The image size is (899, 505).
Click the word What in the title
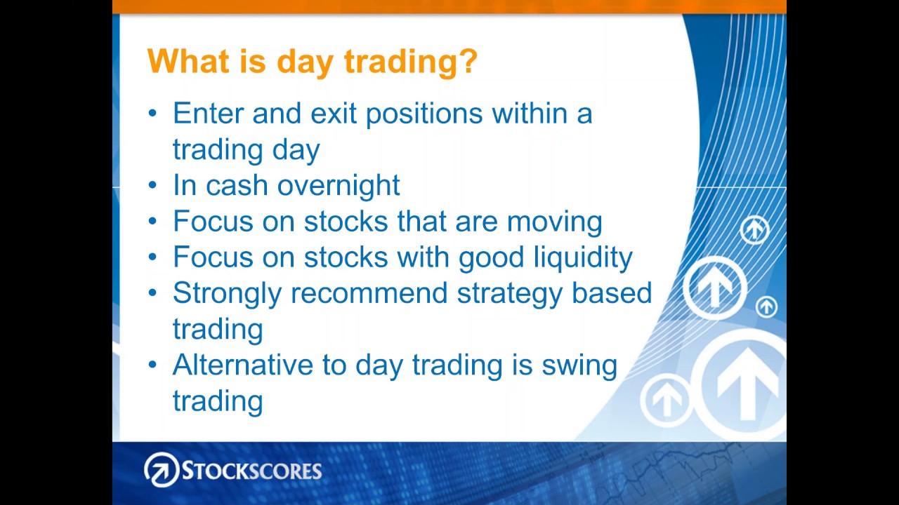pyautogui.click(x=188, y=61)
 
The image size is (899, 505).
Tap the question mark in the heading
pyautogui.click(x=468, y=60)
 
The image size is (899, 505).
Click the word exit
pyautogui.click(x=334, y=113)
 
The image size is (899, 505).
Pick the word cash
pyautogui.click(x=237, y=185)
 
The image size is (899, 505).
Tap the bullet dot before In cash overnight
pyautogui.click(x=152, y=185)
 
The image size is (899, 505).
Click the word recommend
pyautogui.click(x=369, y=293)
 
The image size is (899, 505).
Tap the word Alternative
pyautogui.click(x=243, y=365)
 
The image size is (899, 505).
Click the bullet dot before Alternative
pyautogui.click(x=152, y=365)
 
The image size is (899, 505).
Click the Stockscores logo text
pyautogui.click(x=252, y=470)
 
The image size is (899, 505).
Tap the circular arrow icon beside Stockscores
pyautogui.click(x=162, y=470)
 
